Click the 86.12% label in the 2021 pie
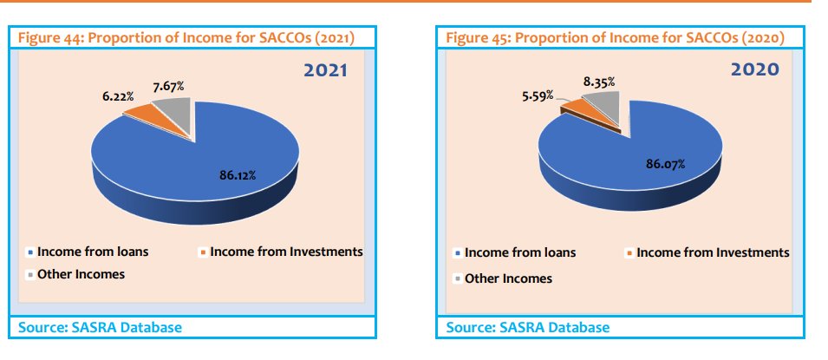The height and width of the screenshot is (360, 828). tap(238, 175)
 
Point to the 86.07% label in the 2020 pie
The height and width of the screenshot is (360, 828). tap(665, 163)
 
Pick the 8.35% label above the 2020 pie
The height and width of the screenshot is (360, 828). tap(599, 82)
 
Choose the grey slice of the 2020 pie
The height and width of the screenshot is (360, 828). tap(604, 107)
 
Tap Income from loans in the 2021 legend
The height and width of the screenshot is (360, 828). tap(93, 252)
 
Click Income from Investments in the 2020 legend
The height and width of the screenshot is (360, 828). tap(713, 252)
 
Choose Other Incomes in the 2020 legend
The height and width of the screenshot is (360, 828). tap(508, 278)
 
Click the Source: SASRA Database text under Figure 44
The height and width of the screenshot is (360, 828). tap(100, 327)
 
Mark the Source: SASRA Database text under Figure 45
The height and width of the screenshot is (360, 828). tap(527, 327)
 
